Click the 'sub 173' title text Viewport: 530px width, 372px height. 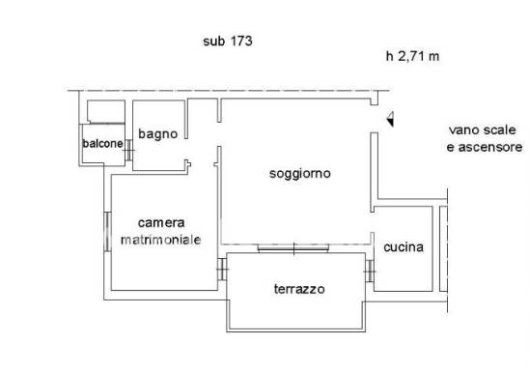coord(228,42)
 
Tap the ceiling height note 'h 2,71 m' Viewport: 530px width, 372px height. coord(413,56)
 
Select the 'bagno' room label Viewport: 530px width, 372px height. coord(158,134)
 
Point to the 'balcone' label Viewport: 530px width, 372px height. coord(102,143)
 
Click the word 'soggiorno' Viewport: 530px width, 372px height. coord(300,174)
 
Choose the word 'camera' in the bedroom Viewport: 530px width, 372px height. coord(161,223)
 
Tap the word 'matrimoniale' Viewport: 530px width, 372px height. coord(161,240)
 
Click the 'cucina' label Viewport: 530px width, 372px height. coord(404,247)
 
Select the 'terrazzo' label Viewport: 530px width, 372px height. coord(299,289)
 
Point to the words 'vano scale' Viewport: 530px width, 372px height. coord(483,129)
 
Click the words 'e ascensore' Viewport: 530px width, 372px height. coord(485,148)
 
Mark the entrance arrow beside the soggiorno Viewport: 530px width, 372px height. coord(390,119)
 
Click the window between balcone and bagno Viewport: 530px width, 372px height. coord(128,150)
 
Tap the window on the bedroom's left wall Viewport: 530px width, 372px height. coord(107,232)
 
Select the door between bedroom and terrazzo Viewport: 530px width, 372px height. coord(222,270)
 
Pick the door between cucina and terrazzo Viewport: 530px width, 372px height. coord(370,271)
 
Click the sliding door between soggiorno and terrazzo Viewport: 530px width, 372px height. coord(293,248)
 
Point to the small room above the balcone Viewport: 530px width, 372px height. coord(106,112)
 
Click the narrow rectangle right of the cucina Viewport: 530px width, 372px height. coord(443,248)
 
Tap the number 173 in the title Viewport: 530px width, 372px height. coord(241,42)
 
